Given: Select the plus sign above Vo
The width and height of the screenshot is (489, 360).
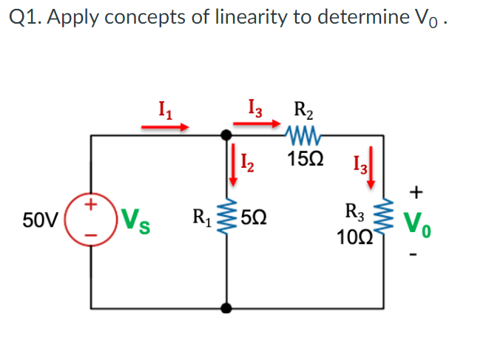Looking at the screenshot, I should pos(417,193).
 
